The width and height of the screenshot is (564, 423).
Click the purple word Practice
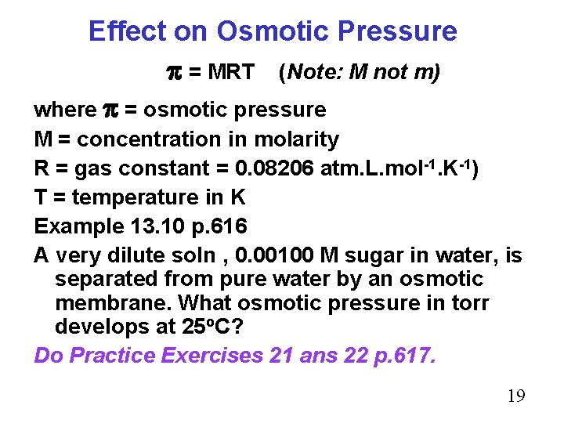coord(112,355)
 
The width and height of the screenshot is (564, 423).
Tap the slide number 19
coord(516,396)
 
